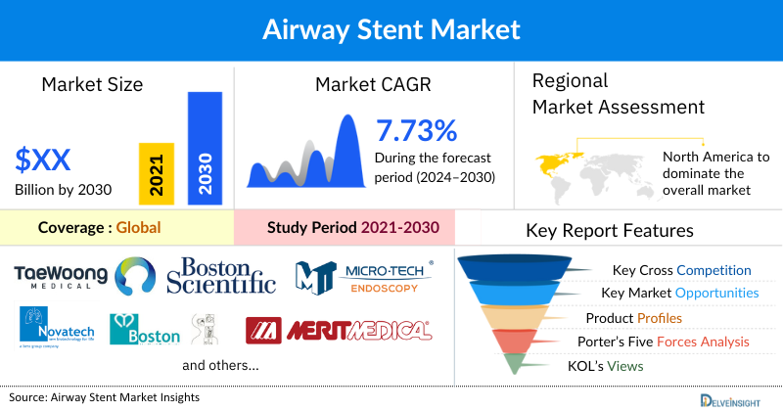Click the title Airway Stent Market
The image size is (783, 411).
pos(391,28)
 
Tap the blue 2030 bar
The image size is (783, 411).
pos(205,147)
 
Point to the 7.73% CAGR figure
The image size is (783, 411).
pos(416,130)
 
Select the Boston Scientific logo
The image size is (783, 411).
pos(221,276)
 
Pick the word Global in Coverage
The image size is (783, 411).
pos(138,228)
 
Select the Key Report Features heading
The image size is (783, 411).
pos(610,231)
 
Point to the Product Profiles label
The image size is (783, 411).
pos(633,318)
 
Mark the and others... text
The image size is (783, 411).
pos(220,366)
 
